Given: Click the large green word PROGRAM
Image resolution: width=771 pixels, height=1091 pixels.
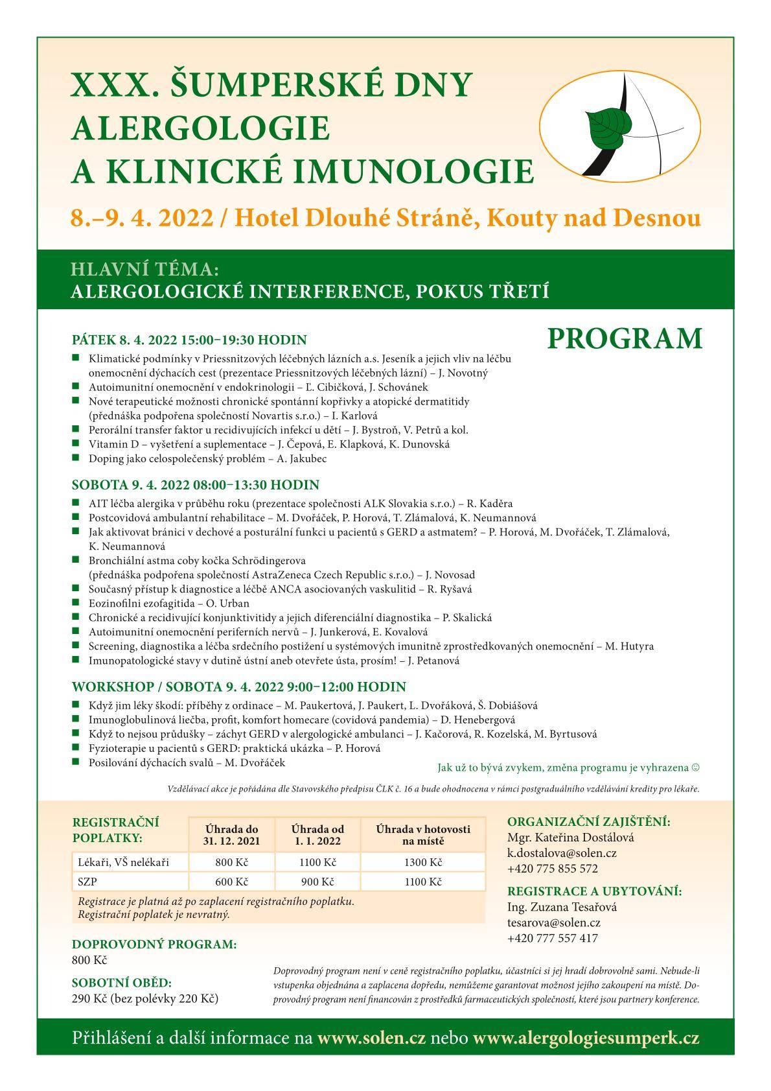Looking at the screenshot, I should [625, 338].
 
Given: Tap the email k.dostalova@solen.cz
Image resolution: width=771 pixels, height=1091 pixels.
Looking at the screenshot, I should [561, 853].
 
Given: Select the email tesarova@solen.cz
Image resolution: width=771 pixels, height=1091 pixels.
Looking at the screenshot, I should [553, 922].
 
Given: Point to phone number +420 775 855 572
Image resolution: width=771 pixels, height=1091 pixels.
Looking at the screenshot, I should [552, 869].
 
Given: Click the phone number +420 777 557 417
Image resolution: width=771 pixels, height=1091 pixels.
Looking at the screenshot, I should [552, 938].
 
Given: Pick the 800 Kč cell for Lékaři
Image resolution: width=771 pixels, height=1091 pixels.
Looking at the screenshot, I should [232, 862].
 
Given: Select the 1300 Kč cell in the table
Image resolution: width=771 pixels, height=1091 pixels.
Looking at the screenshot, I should [424, 862].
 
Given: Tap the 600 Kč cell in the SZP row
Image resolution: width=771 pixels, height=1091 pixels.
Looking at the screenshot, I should [232, 882].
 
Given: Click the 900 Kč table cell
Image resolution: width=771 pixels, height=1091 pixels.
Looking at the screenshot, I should [317, 882].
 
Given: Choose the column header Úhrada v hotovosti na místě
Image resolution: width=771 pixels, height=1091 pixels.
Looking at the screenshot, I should [424, 835].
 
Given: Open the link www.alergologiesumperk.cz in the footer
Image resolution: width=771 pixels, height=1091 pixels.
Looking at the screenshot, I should [586, 1038].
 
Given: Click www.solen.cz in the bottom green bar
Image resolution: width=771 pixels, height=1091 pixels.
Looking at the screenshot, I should [371, 1038].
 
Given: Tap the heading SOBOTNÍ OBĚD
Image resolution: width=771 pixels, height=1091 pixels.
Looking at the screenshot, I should [122, 982].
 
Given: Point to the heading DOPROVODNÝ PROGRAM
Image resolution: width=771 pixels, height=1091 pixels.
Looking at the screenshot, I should [154, 944].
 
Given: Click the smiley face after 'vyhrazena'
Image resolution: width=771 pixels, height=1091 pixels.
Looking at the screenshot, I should [696, 768].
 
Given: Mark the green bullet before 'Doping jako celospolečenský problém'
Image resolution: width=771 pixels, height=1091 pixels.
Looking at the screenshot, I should [76, 458].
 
